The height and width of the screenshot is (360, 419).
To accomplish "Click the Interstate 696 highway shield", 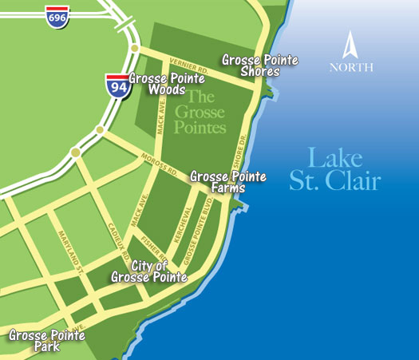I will (57, 15).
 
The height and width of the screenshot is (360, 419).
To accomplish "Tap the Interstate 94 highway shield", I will (117, 84).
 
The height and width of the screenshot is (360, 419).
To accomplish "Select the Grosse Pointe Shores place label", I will (251, 65).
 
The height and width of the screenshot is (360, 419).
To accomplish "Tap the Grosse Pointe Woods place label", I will (166, 84).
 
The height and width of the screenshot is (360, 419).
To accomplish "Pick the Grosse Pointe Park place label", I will (46, 341).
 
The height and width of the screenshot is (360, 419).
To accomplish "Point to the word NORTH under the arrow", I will (351, 67).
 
